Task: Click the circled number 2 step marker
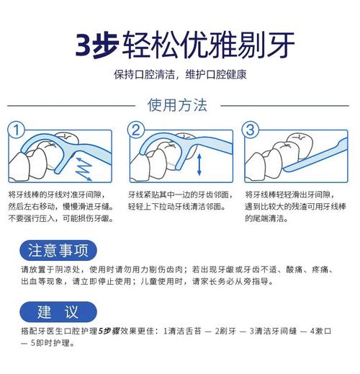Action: [135, 130]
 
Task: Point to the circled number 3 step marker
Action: [250, 130]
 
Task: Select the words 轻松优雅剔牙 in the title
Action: [209, 43]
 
